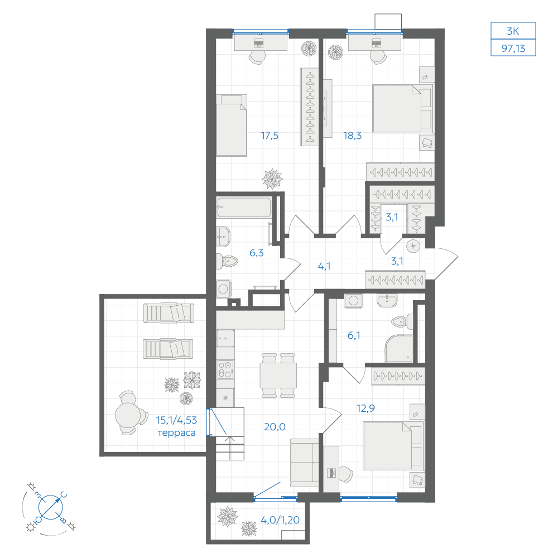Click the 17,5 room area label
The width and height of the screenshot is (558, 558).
[x=270, y=136]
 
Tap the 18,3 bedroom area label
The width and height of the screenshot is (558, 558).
[x=352, y=136]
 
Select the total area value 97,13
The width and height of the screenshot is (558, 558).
[x=513, y=49]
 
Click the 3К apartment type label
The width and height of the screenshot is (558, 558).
[x=513, y=31]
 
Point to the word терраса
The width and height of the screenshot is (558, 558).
[x=176, y=433]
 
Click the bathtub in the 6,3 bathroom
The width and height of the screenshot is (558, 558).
[x=244, y=207]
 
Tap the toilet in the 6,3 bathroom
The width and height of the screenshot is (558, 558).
[x=227, y=261]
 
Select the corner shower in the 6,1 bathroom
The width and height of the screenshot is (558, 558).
[x=398, y=348]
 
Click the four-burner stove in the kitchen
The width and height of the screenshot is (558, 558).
[x=225, y=369]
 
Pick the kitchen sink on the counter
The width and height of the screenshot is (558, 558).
[x=225, y=339]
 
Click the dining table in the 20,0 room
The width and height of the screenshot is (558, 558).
[x=278, y=376]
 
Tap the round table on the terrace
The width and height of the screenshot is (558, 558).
[x=127, y=414]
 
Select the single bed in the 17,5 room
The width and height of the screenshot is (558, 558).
[x=232, y=125]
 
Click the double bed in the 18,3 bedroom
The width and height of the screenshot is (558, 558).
[x=402, y=109]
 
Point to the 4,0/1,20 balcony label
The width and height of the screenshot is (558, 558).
[x=280, y=520]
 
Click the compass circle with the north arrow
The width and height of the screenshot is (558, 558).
[x=51, y=507]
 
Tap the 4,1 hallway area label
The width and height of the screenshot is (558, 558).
[x=324, y=266]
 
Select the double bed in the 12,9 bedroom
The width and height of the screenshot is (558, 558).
[x=393, y=445]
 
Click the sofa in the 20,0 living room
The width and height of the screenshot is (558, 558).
[x=304, y=463]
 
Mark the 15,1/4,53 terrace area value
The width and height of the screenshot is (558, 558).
[x=176, y=420]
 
